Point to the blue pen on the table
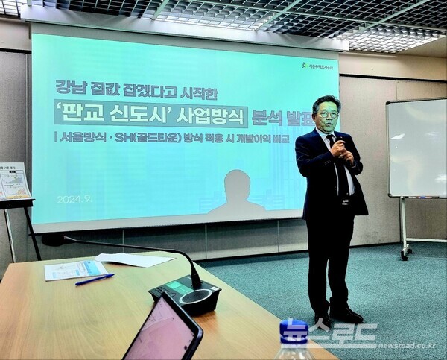(x=95, y=280)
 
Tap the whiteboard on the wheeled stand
(x=416, y=148)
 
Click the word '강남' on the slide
(x=69, y=87)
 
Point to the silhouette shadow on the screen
(x=237, y=193)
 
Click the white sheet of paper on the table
(x=134, y=259)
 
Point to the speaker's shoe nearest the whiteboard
(x=348, y=315)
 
